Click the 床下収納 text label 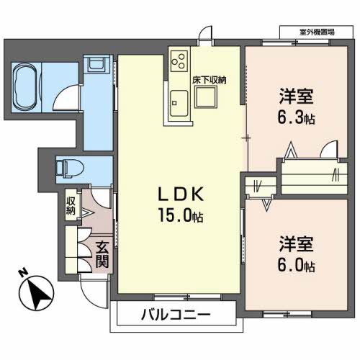tap(209, 81)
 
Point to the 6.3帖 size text tap(297, 117)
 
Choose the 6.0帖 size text tap(297, 266)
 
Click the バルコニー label tap(175, 315)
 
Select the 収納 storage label tap(71, 205)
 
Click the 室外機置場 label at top tap(318, 32)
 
